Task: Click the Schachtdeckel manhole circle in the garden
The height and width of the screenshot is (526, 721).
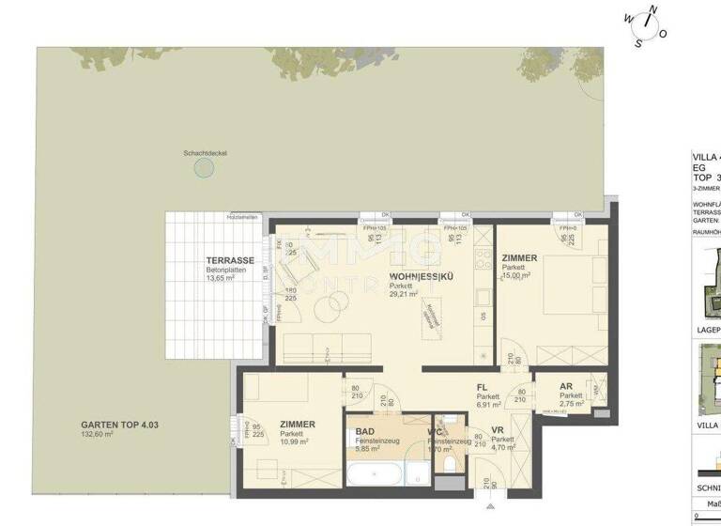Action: click(x=204, y=168)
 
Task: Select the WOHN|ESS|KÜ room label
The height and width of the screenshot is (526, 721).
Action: click(x=418, y=276)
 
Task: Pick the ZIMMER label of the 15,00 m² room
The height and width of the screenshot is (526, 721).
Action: click(x=519, y=257)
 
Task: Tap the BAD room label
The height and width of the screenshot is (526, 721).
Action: click(x=365, y=432)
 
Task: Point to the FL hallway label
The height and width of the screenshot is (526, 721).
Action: click(x=483, y=386)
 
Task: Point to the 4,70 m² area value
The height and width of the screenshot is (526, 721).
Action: click(x=502, y=448)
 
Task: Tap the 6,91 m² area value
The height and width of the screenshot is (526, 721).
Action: click(x=487, y=405)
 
